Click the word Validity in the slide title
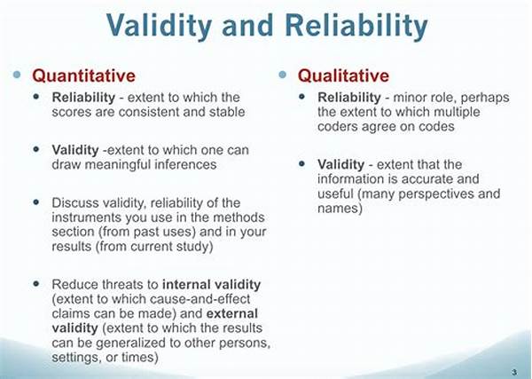[159, 25]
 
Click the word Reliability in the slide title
[356, 25]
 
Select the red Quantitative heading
[84, 75]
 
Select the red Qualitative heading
[343, 75]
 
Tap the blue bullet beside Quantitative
[17, 75]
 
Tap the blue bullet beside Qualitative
[282, 75]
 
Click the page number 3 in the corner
[514, 372]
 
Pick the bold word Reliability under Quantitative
[83, 98]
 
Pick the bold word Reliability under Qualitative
[349, 98]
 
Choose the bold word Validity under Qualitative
[341, 165]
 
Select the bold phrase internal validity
[211, 284]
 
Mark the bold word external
[232, 313]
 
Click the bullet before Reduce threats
[36, 283]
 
